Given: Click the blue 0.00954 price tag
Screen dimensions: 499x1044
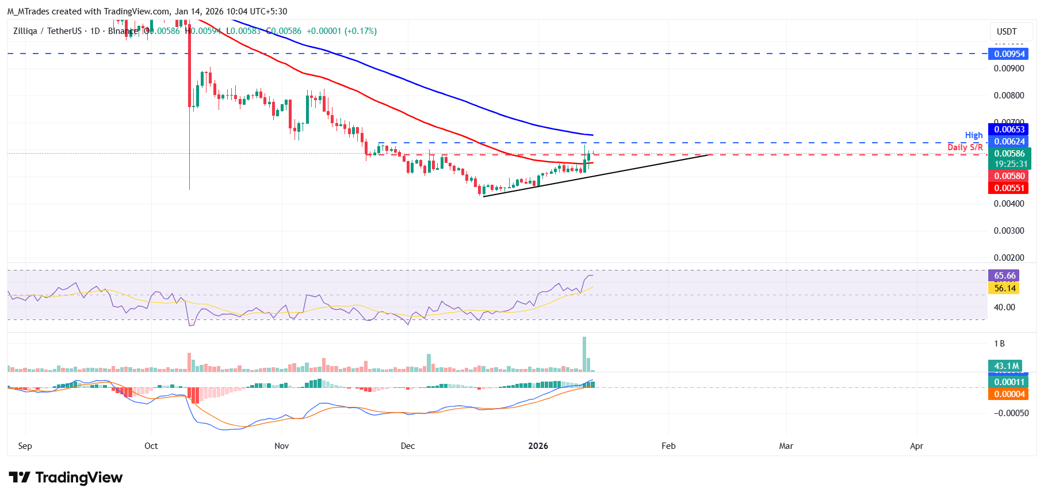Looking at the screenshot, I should coord(1009,54).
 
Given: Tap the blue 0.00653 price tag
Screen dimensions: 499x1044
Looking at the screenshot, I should coord(1009,129).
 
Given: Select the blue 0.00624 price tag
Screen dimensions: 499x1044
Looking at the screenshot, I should coord(1009,142).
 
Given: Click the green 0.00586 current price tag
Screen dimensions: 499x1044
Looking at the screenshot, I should coord(1009,154).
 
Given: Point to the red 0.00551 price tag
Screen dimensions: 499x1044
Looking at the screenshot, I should coord(1009,188).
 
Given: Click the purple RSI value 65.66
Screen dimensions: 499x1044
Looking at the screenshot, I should coord(1004,276).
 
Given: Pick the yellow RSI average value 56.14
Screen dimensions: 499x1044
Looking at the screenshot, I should coord(1004,288).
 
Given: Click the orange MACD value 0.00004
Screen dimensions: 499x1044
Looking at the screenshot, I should coord(1009,394).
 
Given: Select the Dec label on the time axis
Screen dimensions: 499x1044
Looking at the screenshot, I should coord(408,446).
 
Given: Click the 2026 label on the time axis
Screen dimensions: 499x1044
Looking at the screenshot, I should coord(538,446).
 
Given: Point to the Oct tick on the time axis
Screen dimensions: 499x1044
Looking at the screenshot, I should coord(151,446).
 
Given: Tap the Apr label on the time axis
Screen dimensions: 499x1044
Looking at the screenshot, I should coord(916,446).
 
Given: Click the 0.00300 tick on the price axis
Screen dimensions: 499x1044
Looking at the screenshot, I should coord(1009,231).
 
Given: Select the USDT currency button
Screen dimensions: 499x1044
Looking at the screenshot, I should coord(1007,32).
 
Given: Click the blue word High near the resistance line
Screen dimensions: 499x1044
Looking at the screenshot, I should coord(974,135).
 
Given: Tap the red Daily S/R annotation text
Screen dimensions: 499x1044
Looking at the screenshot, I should coord(965,147).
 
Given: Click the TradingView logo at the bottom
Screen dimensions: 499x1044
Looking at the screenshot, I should coord(66,478).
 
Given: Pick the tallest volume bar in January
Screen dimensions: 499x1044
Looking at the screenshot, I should coord(584,354).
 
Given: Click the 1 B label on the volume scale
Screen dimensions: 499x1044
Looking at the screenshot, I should coord(999,344).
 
